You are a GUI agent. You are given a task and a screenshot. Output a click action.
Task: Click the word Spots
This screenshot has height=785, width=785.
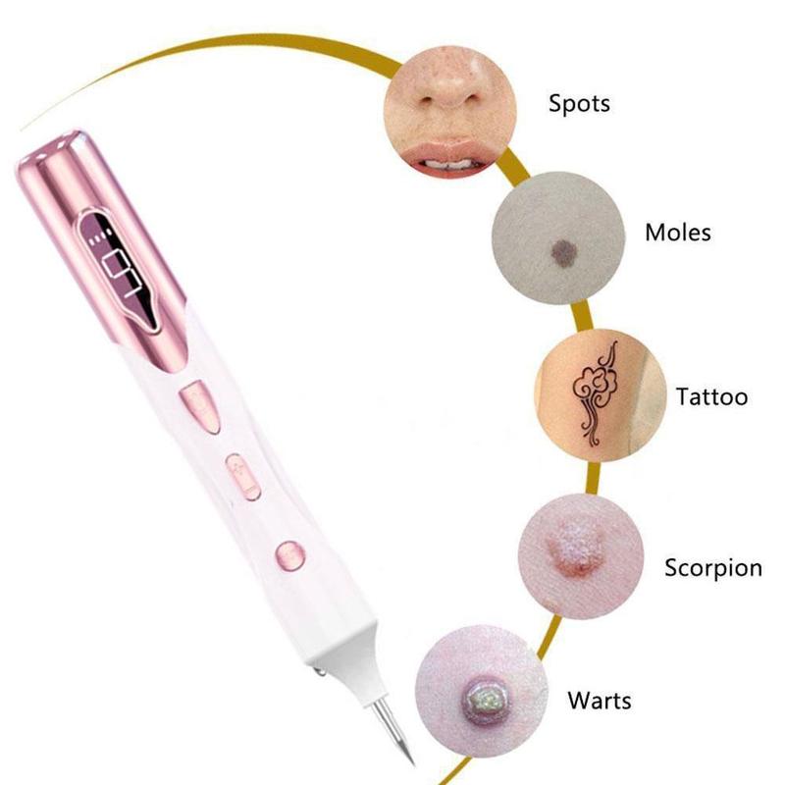tap(579, 104)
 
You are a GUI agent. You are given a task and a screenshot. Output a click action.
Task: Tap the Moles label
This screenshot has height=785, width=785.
tap(678, 233)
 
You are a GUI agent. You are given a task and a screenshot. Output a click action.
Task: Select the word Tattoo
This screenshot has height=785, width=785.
tap(712, 396)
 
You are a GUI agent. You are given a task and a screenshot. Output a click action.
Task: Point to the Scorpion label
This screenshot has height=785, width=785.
tap(713, 568)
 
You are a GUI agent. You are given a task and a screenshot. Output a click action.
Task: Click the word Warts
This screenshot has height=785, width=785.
tap(600, 700)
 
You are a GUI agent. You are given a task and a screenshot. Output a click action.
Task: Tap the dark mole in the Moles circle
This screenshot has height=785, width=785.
tap(564, 250)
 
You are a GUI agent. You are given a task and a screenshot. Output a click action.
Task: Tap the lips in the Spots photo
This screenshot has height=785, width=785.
tap(445, 156)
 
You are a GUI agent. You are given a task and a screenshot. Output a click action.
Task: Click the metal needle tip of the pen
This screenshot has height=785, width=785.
tap(392, 729)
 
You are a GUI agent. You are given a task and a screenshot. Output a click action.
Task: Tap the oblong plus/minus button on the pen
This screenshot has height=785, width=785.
tap(243, 477)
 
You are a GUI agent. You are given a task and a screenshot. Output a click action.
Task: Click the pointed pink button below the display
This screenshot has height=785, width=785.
tap(200, 406)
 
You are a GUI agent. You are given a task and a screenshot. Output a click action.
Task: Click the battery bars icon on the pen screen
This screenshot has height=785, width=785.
tap(98, 236)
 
